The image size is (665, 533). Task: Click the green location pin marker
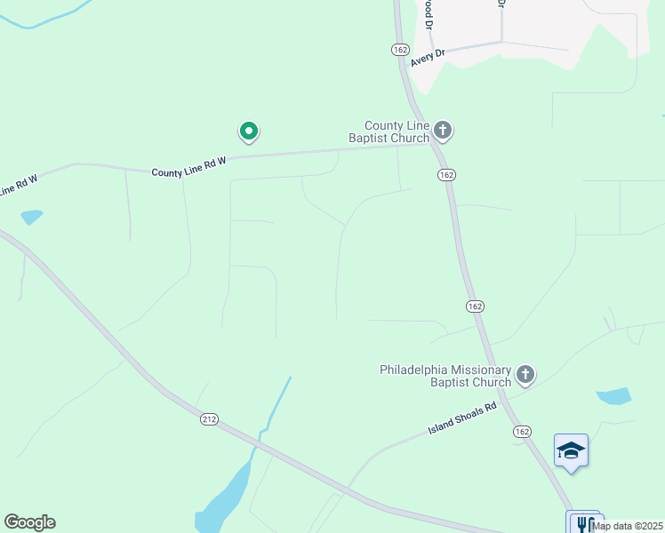coord(249,132)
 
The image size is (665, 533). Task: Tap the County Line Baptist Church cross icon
coord(443,131)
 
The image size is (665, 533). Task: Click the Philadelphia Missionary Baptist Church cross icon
coord(525,375)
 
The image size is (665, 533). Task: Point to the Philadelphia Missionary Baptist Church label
coord(445,376)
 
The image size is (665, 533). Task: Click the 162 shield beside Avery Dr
coord(399,50)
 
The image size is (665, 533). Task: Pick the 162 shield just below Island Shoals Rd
coord(523,431)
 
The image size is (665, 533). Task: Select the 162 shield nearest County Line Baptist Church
coord(446,175)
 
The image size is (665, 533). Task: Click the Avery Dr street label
coord(428,58)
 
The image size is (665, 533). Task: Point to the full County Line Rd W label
coord(189,167)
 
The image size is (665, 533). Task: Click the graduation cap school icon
coord(571,450)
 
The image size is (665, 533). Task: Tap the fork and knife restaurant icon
coord(584,523)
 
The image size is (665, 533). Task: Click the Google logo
coord(29,522)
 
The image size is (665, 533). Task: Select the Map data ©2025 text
coord(626,526)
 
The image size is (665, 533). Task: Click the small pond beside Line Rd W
coord(31,216)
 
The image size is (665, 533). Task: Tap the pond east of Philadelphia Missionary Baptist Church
coord(613,396)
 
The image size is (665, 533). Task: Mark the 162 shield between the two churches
coord(475,306)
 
